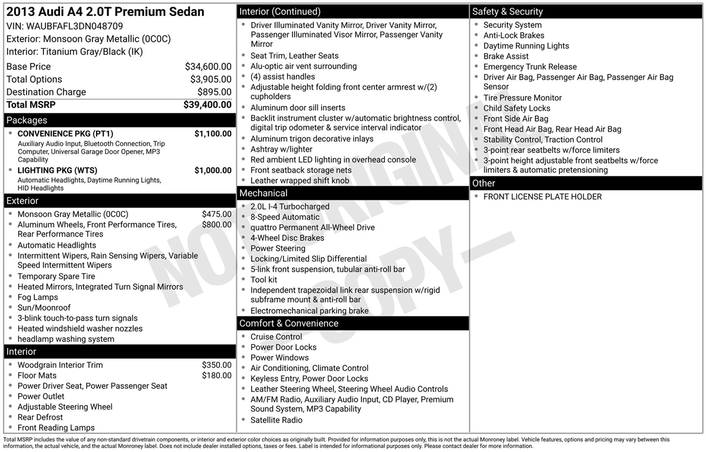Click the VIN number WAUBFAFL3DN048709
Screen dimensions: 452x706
(x=74, y=26)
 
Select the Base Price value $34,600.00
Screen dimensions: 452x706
(x=208, y=67)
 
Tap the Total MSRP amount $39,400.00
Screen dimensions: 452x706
(x=207, y=105)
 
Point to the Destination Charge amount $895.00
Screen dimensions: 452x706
(x=215, y=92)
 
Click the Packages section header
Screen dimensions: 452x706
(x=26, y=120)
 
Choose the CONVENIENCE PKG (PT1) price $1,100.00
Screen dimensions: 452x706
(x=213, y=134)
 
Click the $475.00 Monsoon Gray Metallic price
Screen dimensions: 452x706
(x=217, y=214)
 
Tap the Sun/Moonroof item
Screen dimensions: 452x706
(x=44, y=308)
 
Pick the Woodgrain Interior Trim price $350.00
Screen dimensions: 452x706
(x=217, y=365)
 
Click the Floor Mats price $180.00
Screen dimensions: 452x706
(x=217, y=375)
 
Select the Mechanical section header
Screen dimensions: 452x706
(x=263, y=193)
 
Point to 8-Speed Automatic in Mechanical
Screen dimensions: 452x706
(x=285, y=217)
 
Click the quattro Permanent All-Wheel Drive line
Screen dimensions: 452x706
(x=312, y=228)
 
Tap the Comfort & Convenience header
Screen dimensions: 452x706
(x=288, y=323)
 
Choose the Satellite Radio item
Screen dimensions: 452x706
(x=276, y=421)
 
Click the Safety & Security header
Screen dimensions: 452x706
(x=507, y=12)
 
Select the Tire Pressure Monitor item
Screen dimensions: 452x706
(x=522, y=98)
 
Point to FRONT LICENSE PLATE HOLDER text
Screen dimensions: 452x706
(x=542, y=197)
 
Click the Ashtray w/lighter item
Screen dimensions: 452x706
(x=281, y=150)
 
